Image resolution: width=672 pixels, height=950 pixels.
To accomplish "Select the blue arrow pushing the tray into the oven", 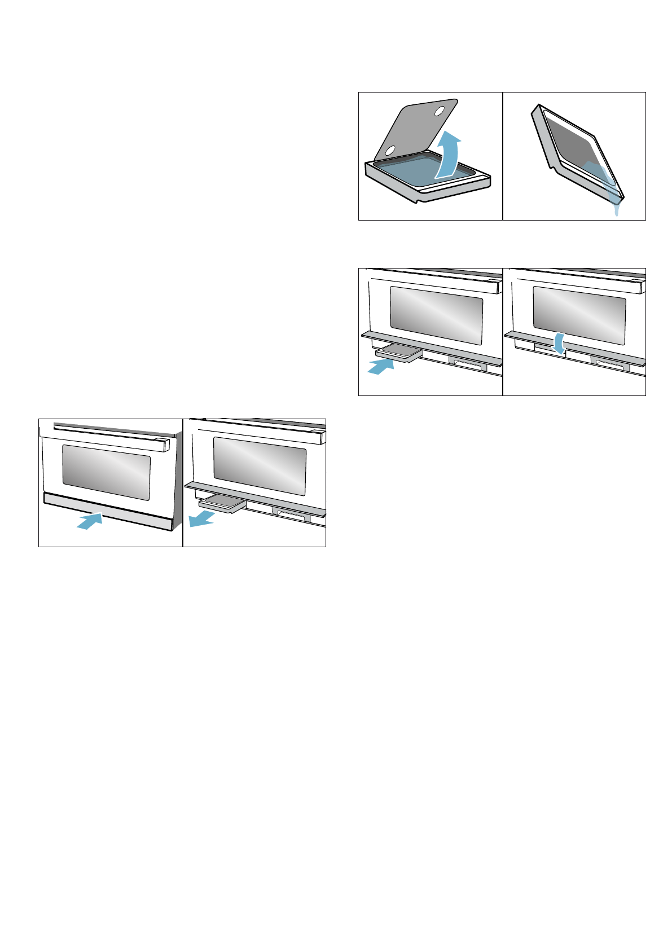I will (x=380, y=366).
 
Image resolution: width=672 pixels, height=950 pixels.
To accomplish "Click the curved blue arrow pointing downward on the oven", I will (x=558, y=343).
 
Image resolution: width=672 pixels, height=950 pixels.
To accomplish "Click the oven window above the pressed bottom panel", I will (x=106, y=472).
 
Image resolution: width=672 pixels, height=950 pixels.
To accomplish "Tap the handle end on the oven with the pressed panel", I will (x=166, y=445).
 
